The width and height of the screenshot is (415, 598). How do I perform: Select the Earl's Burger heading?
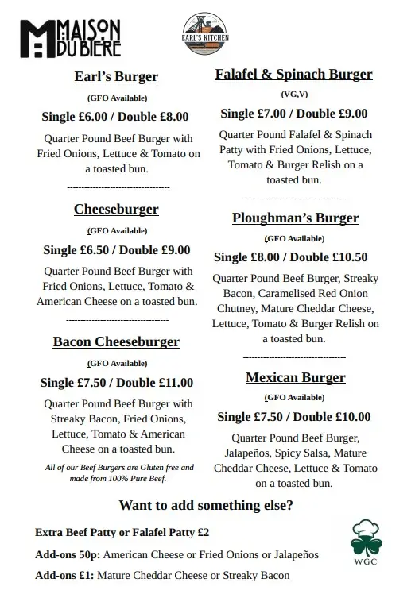pos(116,77)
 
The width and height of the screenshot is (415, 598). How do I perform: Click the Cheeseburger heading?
pos(116,210)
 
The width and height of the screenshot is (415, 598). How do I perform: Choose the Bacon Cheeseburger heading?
pos(116,342)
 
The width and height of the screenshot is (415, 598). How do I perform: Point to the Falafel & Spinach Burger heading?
pos(293,75)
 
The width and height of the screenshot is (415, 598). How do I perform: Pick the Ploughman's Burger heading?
pos(295,218)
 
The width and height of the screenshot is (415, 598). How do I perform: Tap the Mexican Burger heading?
pos(295,377)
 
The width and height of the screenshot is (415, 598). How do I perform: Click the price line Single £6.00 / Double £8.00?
pos(115,117)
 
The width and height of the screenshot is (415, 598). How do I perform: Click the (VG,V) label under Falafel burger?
pos(293,95)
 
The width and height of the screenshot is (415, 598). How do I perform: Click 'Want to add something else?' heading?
pos(205,505)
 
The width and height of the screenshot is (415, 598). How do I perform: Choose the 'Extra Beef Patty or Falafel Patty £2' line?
pos(122,532)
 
